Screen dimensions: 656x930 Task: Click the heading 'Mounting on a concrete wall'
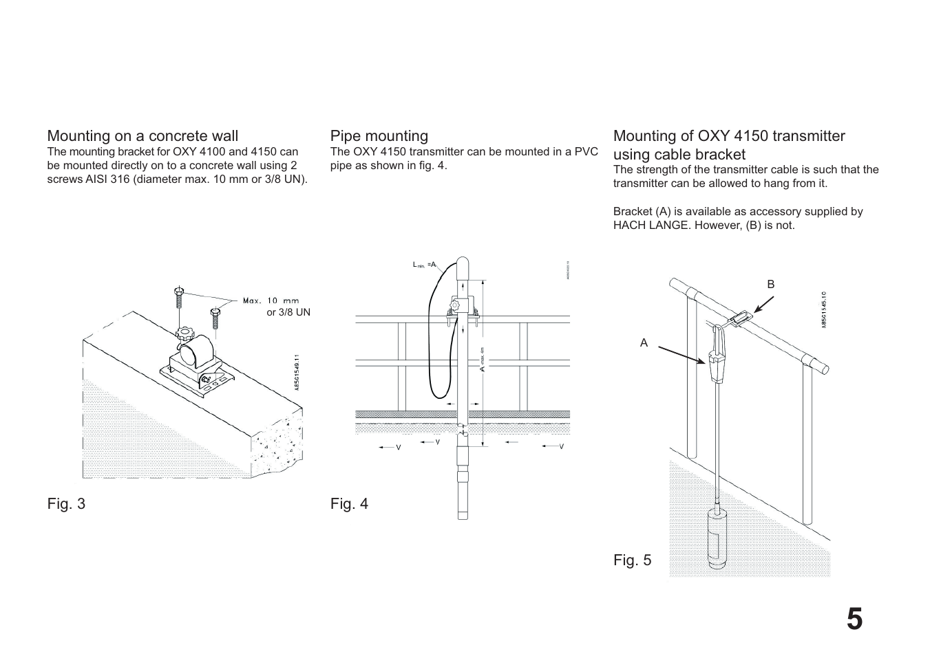142,136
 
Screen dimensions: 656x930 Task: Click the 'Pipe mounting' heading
379,136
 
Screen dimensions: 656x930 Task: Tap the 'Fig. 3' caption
66,504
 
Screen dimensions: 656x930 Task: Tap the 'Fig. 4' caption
349,504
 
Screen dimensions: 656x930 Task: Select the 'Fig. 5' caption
632,560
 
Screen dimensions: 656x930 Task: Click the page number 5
854,620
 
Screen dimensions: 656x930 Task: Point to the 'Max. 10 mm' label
271,300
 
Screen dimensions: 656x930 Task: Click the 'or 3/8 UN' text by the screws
288,312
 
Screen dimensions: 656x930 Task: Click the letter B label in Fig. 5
771,284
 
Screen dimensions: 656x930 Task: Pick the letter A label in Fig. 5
644,342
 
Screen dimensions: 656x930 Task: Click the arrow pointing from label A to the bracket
681,353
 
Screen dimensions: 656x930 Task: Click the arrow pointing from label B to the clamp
763,304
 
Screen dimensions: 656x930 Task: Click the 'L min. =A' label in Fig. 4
424,265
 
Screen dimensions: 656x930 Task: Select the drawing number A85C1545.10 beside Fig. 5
823,309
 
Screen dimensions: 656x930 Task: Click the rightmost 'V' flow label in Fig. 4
561,447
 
